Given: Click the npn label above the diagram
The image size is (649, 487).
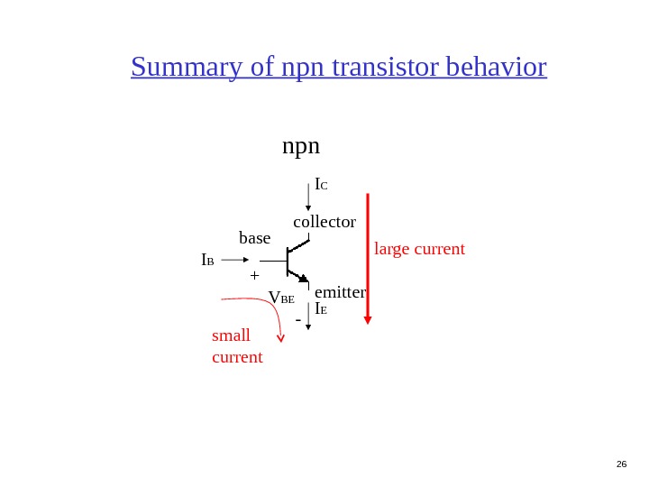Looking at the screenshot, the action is [301, 146].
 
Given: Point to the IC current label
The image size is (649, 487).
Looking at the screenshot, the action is [320, 185].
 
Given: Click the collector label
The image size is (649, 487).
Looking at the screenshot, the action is [324, 221].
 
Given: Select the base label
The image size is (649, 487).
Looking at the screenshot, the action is [254, 238].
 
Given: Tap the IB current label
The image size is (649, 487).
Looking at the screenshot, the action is [207, 261].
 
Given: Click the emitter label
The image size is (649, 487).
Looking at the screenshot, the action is [340, 292].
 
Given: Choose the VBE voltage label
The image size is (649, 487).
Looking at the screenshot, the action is [281, 298].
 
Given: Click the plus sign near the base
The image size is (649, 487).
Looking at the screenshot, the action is [254, 275].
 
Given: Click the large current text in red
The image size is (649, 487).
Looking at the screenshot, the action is [419, 248].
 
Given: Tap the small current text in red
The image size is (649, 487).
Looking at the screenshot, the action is [236, 347].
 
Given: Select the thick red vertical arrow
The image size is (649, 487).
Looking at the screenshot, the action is [367, 257].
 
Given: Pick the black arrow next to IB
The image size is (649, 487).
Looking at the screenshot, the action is [234, 261].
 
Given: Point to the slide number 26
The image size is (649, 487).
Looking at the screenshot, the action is [620, 464].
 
